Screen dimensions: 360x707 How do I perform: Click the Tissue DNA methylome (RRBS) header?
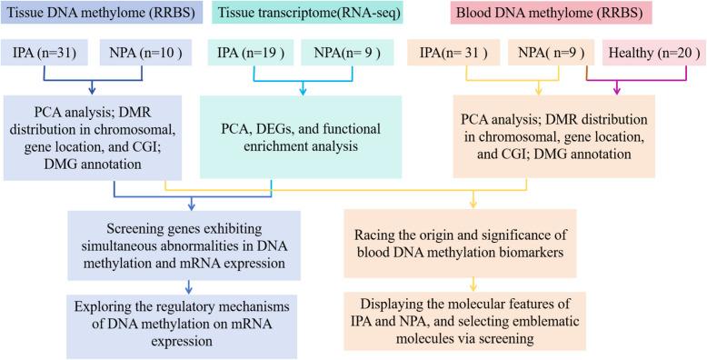[x=103, y=16]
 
